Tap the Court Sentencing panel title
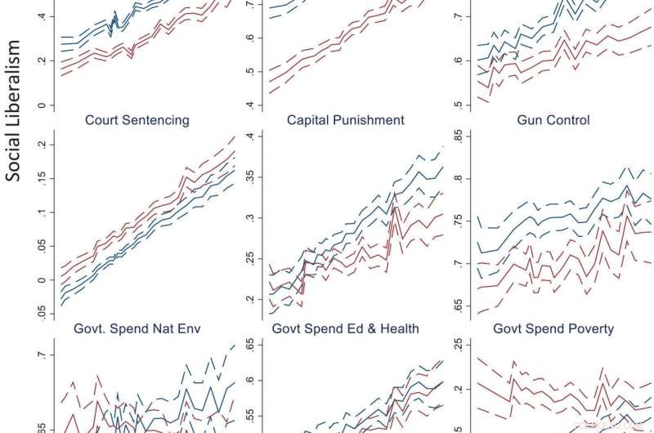pyautogui.click(x=137, y=120)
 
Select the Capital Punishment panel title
pyautogui.click(x=346, y=120)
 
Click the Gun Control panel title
pyautogui.click(x=553, y=120)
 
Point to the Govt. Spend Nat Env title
pyautogui.click(x=137, y=328)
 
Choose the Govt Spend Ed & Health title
pyautogui.click(x=346, y=328)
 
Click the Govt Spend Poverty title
pyautogui.click(x=553, y=328)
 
